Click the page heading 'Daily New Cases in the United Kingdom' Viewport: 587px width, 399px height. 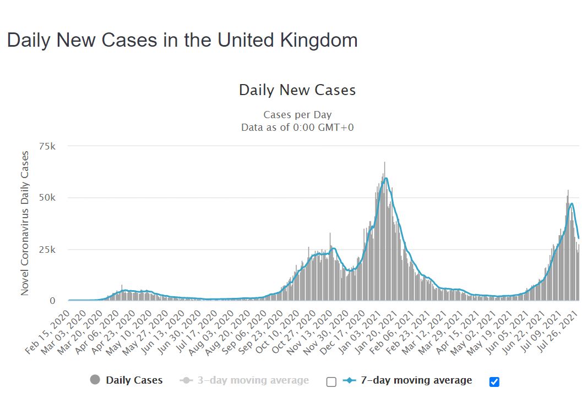182,40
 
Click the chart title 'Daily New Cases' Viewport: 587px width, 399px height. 297,90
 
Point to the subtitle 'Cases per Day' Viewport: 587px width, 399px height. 297,115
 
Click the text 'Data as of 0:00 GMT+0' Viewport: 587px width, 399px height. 297,128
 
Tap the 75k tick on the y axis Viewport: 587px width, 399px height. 47,146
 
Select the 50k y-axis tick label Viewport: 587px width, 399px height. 47,198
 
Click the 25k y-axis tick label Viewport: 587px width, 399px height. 47,250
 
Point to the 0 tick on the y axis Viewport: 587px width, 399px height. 53,301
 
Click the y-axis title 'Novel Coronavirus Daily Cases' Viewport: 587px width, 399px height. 25,223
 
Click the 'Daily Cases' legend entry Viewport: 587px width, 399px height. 134,380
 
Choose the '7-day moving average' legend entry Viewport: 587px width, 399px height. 416,380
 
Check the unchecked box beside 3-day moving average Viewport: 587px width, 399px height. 331,381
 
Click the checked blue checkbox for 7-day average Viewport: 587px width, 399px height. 494,381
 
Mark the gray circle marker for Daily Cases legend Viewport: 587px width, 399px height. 95,380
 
